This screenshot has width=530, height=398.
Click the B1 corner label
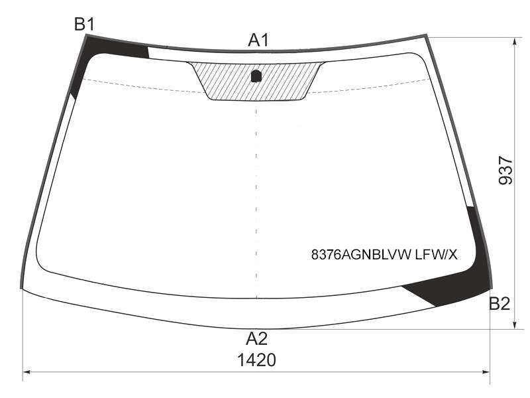tap(85, 25)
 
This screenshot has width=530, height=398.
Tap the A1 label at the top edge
tap(258, 40)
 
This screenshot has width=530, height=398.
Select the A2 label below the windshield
tap(257, 338)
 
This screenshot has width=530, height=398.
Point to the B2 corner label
tap(500, 304)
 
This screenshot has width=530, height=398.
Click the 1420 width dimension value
tap(256, 360)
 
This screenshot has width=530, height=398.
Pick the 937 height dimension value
tap(505, 170)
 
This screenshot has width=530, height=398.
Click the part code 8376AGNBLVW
tap(361, 255)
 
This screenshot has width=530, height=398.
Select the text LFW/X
tap(436, 255)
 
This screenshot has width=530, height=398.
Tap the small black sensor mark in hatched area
tap(256, 76)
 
